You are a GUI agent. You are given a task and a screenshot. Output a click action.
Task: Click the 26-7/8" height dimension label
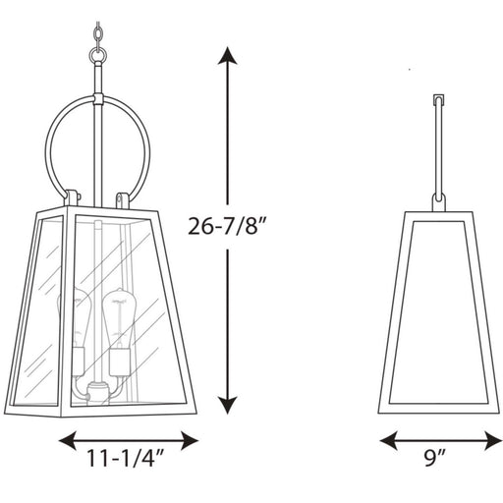coord(228,226)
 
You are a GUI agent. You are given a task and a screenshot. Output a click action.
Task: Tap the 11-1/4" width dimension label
coord(125,459)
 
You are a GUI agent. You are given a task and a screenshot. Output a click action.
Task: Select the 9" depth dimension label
coord(435,458)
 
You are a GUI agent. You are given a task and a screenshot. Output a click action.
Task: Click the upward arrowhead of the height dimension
coord(227,56)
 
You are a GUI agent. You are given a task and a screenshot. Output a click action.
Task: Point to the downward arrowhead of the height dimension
coord(228,405)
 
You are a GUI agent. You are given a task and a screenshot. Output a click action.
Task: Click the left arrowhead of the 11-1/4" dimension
coord(68,440)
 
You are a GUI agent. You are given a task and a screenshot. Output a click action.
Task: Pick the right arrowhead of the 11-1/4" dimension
coord(190,440)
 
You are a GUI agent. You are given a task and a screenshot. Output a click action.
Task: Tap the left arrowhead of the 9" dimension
coord(389,440)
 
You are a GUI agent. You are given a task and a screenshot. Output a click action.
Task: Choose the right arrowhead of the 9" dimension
coord(493,440)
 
